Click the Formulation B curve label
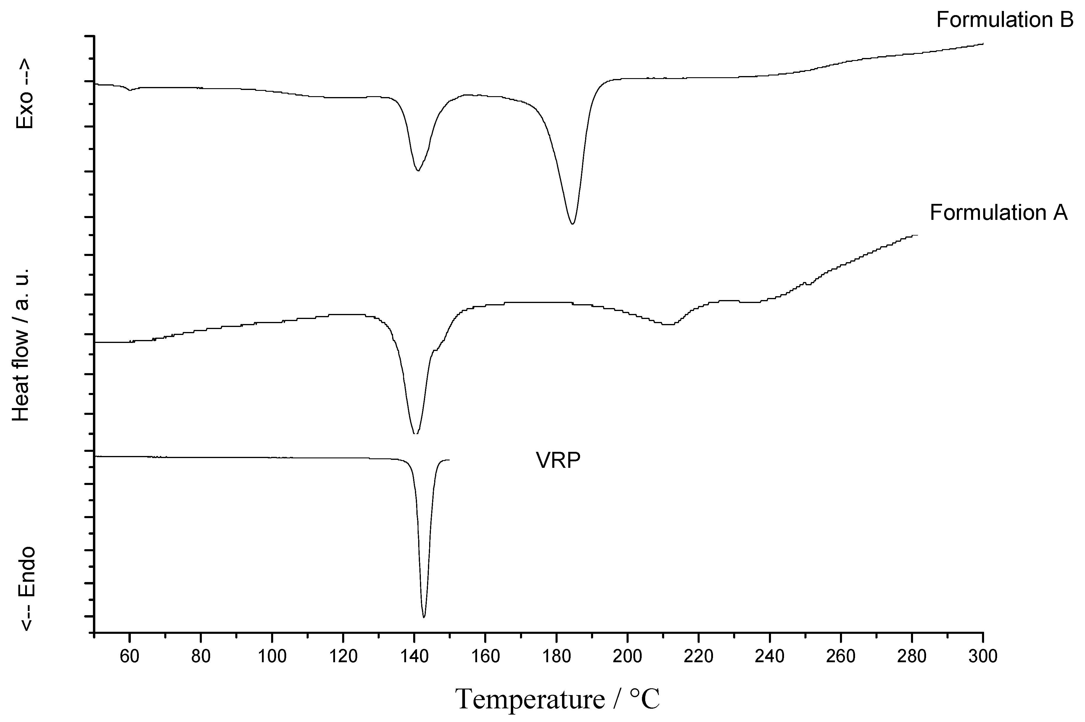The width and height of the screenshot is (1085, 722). tap(1004, 20)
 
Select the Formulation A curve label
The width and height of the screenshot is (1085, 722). tap(998, 213)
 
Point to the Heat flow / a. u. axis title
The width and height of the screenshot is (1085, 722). tap(22, 345)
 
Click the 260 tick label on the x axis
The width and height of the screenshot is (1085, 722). tap(841, 656)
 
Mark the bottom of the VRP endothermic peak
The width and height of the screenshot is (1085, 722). tap(424, 617)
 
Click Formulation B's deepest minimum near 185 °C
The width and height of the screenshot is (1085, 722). tap(572, 224)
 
